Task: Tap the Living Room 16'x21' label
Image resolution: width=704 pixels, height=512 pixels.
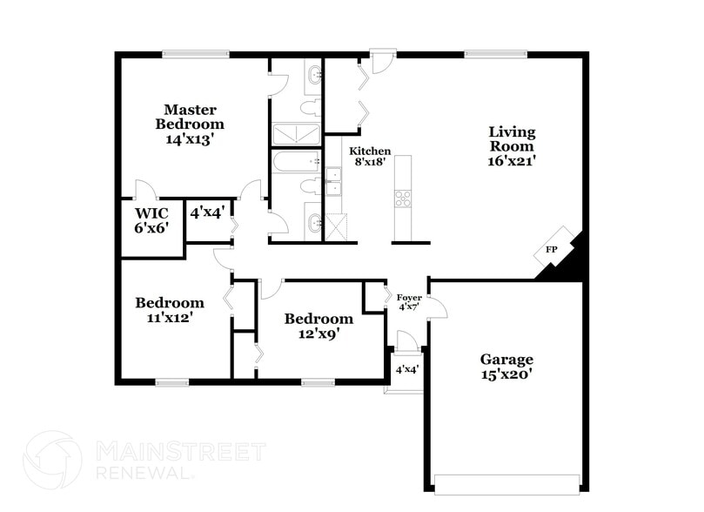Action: [511, 145]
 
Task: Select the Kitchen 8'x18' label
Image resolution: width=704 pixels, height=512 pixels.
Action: [370, 156]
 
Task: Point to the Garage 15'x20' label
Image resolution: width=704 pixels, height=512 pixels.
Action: [506, 366]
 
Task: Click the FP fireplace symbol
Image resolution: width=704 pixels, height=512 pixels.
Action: [552, 250]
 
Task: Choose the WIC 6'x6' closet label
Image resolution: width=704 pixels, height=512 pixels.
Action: [151, 219]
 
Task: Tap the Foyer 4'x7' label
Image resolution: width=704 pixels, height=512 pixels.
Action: [409, 302]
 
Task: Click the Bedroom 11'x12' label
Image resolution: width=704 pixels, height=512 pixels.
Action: [170, 310]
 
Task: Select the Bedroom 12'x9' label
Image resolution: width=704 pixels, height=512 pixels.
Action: [318, 326]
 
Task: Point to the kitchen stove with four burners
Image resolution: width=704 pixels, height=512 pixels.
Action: [403, 199]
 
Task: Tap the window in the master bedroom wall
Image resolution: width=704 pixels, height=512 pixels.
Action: [195, 54]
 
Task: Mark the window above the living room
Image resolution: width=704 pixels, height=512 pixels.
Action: [495, 54]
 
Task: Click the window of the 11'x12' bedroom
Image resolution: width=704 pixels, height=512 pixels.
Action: [172, 381]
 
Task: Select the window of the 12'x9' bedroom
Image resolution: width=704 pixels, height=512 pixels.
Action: [318, 381]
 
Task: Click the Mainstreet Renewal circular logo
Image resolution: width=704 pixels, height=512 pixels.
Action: [52, 461]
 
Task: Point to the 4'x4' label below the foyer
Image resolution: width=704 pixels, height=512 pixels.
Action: [407, 369]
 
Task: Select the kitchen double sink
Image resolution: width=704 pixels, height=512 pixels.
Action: [333, 182]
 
